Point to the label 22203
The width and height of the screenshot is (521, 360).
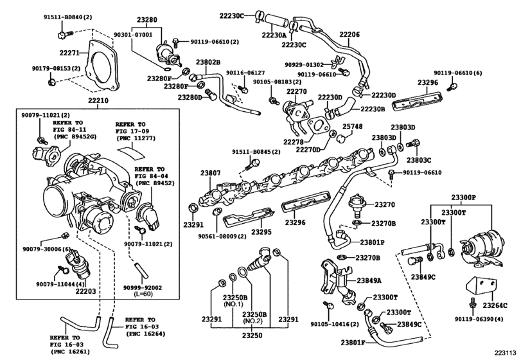[x=85, y=291]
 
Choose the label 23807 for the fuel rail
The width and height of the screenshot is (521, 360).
[x=210, y=172]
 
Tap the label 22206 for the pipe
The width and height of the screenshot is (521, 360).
[x=349, y=33]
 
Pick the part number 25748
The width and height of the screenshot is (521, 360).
[x=351, y=127]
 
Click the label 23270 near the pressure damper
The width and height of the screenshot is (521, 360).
[x=384, y=205]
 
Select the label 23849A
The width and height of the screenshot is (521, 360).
[x=369, y=281]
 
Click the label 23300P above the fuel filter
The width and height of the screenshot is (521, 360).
[x=463, y=198]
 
